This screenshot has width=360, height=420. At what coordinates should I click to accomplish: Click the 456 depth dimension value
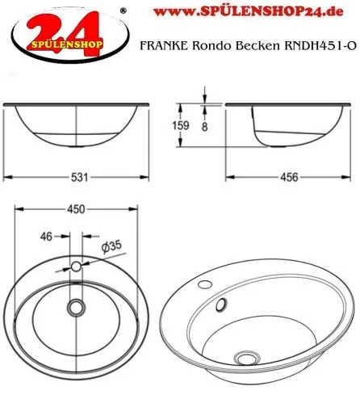point(289,177)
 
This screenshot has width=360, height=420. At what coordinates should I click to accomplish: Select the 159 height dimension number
point(181,126)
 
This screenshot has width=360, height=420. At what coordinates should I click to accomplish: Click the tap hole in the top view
point(77,266)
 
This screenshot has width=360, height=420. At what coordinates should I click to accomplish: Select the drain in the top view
point(77,307)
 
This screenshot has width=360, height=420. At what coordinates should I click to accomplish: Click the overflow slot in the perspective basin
point(219,304)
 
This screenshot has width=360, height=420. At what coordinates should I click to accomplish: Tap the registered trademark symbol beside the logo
point(122,10)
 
